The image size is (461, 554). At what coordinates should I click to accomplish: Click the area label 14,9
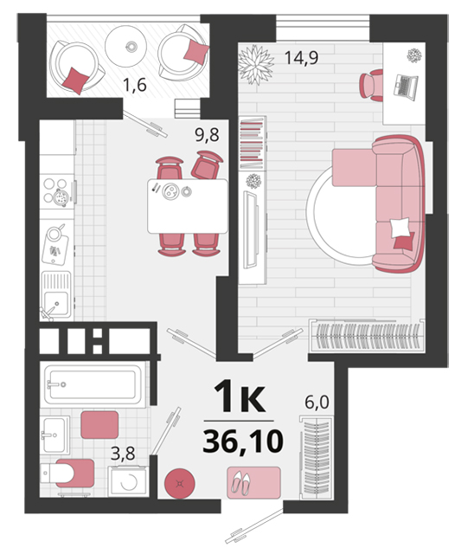pyautogui.click(x=301, y=58)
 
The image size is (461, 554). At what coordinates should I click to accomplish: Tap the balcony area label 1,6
pyautogui.click(x=134, y=85)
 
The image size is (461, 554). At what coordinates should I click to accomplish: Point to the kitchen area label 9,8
pyautogui.click(x=208, y=135)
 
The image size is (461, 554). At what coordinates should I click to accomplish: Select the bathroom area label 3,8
pyautogui.click(x=123, y=454)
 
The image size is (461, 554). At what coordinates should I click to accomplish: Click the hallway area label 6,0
pyautogui.click(x=317, y=402)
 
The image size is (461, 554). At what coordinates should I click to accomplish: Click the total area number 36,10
pyautogui.click(x=243, y=441)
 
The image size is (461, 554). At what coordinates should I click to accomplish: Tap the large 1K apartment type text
pyautogui.click(x=240, y=396)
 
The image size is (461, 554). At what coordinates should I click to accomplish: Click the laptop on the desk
pyautogui.click(x=406, y=85)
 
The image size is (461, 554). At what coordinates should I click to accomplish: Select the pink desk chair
pyautogui.click(x=371, y=85)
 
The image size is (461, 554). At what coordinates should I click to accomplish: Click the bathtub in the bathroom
pyautogui.click(x=93, y=384)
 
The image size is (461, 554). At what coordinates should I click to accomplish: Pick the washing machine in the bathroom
pyautogui.click(x=128, y=481)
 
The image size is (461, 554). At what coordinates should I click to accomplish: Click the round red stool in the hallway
pyautogui.click(x=180, y=483)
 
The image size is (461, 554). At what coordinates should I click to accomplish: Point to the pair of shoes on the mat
pyautogui.click(x=240, y=483)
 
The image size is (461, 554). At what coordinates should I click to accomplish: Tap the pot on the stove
pyautogui.click(x=61, y=197)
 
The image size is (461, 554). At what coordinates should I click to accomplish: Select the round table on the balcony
pyautogui.click(x=125, y=46)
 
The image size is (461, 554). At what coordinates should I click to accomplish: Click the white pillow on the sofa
pyautogui.click(x=400, y=227)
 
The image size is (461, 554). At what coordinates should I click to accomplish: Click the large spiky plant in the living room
pyautogui.click(x=256, y=65)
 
